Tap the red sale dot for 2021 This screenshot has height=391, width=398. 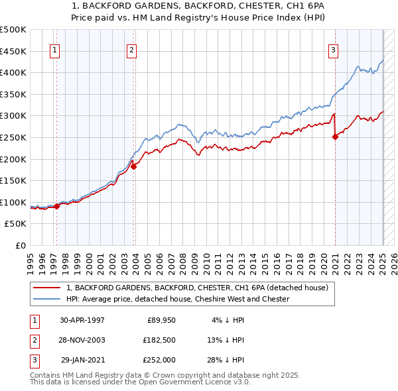tap(334, 137)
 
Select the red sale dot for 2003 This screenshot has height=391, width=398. tap(133, 167)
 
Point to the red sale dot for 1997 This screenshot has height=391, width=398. tap(56, 206)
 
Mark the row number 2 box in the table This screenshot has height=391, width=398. tap(33, 340)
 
